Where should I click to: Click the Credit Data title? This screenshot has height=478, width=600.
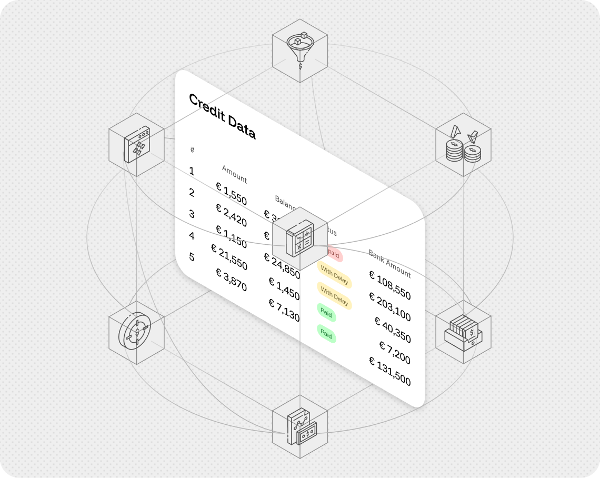point(222,116)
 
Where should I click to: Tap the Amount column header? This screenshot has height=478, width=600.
point(234,174)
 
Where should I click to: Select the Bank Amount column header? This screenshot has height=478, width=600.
point(389,263)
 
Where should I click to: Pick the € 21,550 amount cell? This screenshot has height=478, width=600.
point(229,256)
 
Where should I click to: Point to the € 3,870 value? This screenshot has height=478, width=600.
point(231,280)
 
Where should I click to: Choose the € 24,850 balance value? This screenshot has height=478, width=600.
point(282,266)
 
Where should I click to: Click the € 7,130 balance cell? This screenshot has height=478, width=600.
point(284,310)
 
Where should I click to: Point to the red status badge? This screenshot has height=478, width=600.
point(334,254)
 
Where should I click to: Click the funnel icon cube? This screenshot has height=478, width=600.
point(300,50)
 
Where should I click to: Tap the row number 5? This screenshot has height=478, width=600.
point(192,257)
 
